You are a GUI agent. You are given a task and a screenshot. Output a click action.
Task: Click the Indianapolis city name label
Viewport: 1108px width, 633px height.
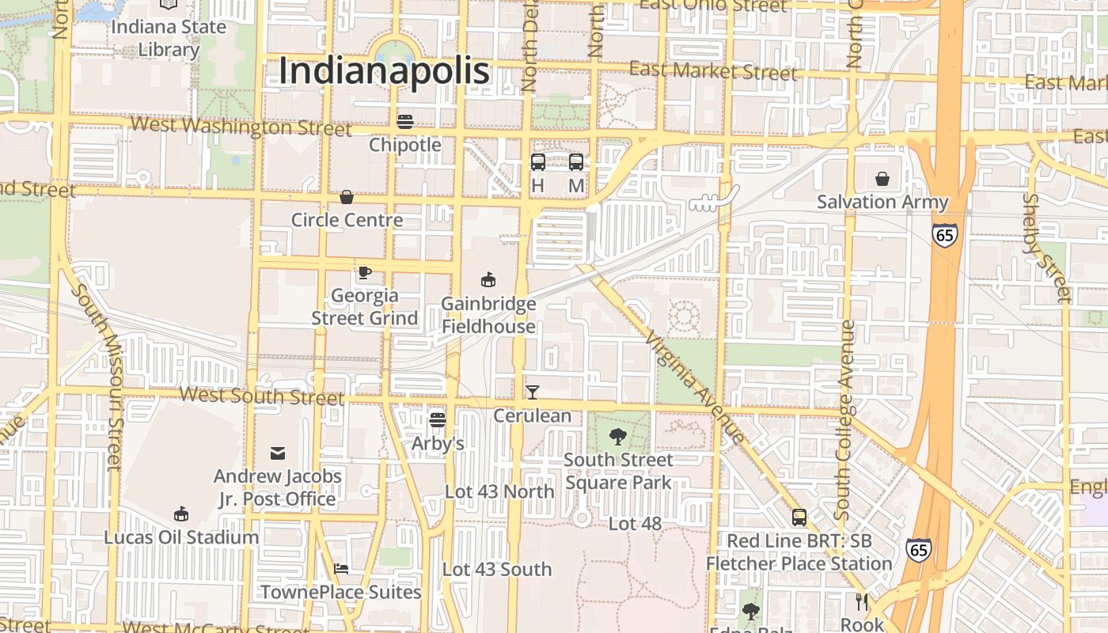tap(385, 71)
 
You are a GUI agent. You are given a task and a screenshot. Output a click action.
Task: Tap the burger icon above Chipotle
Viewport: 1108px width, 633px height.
tap(405, 121)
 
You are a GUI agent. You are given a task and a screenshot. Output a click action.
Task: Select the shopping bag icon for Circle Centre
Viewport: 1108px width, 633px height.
tap(347, 197)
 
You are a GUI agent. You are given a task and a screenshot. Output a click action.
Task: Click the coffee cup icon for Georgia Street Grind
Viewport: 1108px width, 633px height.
tap(364, 272)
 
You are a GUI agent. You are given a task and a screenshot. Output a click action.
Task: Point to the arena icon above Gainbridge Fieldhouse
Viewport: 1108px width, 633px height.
tap(488, 279)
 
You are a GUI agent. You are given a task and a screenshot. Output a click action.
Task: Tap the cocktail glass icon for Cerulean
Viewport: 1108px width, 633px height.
tap(533, 392)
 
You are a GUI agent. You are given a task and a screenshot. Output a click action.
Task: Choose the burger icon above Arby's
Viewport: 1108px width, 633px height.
tap(438, 419)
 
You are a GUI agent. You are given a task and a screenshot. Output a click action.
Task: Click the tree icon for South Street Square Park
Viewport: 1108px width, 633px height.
tap(618, 436)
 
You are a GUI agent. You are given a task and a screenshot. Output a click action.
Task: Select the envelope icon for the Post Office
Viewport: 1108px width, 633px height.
tap(278, 453)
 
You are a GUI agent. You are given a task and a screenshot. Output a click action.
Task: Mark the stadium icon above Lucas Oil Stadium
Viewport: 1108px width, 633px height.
tap(181, 514)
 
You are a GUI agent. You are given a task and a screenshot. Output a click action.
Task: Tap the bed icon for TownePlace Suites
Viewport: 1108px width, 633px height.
tap(341, 568)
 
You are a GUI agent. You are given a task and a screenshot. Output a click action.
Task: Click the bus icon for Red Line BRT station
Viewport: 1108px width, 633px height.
tap(799, 517)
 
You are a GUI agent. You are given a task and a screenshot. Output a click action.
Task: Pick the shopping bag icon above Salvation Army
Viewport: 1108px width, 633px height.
tap(882, 179)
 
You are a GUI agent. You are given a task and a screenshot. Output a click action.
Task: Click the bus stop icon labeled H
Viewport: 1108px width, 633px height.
tap(538, 162)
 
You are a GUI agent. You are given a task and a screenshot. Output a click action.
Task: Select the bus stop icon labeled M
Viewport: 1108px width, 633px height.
tap(576, 162)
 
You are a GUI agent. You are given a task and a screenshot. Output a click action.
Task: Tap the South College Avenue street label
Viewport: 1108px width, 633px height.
tap(844, 419)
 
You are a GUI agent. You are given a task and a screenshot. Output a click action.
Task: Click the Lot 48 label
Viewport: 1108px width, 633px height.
tap(635, 524)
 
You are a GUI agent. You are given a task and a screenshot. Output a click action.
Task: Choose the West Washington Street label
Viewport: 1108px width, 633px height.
tap(241, 126)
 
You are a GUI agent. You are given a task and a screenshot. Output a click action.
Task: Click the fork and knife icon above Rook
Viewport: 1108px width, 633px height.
tap(862, 602)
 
